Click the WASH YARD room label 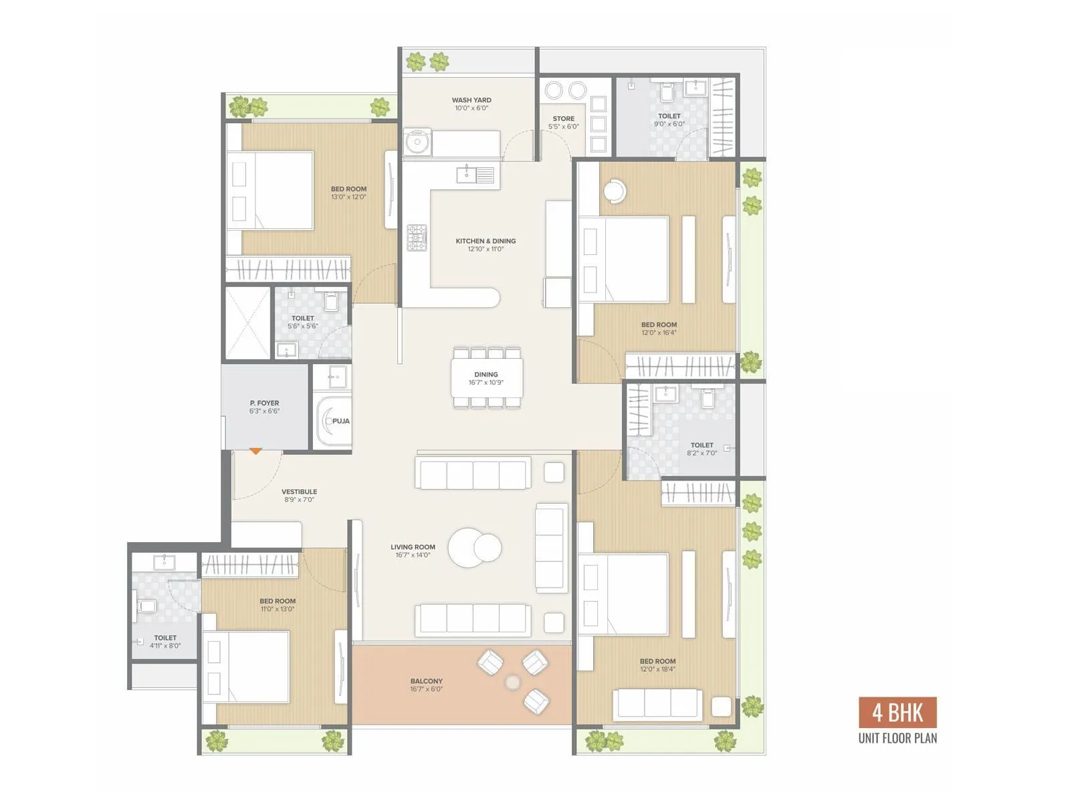(471, 100)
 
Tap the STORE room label (563, 118)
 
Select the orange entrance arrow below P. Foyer (256, 452)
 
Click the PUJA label (341, 421)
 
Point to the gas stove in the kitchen (417, 238)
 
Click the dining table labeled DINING (486, 378)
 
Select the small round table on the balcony (513, 683)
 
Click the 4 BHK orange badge (897, 713)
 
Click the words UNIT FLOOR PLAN (897, 738)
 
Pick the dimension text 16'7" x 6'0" (427, 689)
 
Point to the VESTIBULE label (299, 491)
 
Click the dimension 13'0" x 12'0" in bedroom (348, 197)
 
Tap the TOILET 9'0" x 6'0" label (669, 116)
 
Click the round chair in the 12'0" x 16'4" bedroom (615, 191)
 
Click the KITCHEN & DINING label (486, 241)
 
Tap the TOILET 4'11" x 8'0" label (165, 638)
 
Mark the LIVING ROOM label (413, 547)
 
